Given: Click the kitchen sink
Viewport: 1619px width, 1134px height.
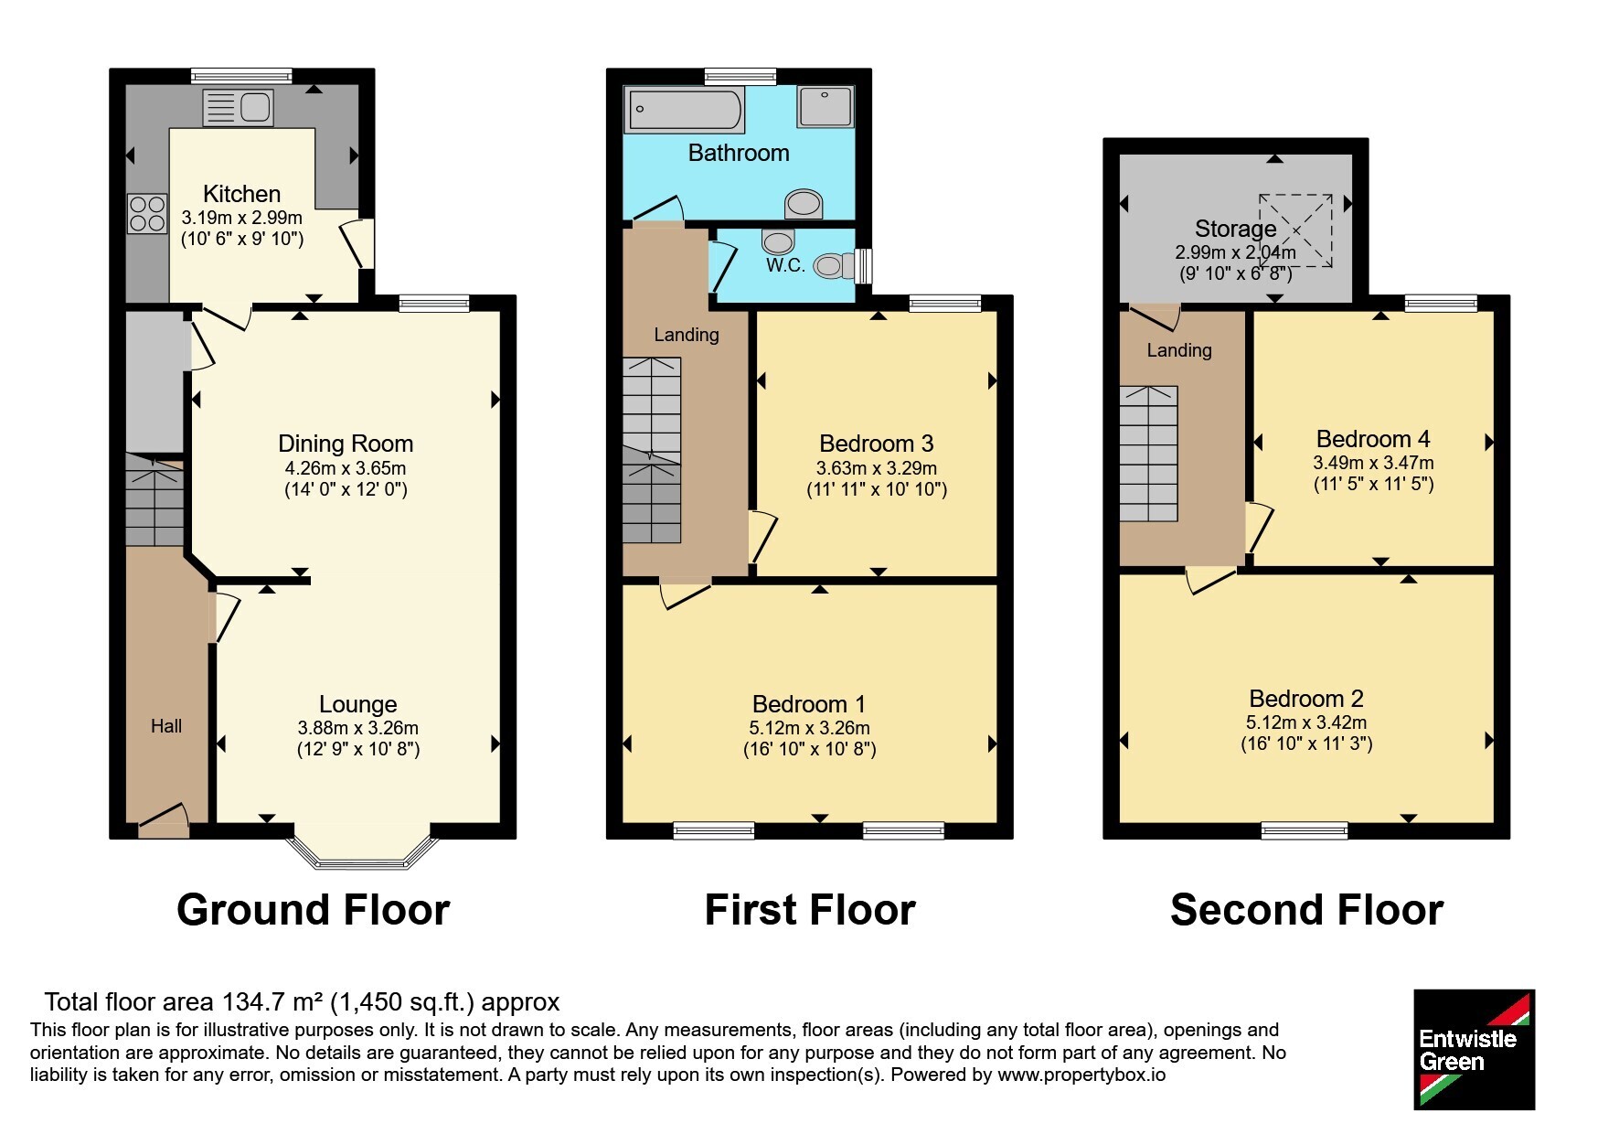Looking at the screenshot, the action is click(x=238, y=108).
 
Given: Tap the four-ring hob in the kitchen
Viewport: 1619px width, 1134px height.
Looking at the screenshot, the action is click(x=147, y=215).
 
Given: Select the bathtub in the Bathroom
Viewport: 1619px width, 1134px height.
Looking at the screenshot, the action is click(x=684, y=110).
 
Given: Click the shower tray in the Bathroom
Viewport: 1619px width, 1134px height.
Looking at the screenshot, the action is click(x=825, y=106).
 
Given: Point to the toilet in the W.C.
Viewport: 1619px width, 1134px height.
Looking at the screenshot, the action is click(x=834, y=265).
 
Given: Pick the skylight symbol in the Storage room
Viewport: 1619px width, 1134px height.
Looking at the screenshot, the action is click(x=1295, y=230).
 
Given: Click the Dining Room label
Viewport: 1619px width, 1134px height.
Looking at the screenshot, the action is click(x=346, y=444).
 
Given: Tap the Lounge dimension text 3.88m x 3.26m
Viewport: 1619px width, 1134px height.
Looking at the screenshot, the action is click(x=358, y=728).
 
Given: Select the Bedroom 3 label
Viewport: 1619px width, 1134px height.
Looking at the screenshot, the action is click(x=877, y=444).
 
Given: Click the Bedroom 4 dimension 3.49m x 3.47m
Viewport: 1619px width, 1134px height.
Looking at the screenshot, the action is click(x=1373, y=463).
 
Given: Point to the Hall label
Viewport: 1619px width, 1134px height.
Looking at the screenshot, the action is click(x=166, y=726).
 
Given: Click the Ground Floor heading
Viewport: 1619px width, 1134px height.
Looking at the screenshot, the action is click(x=314, y=910).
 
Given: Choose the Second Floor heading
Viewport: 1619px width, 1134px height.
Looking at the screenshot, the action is click(x=1307, y=910).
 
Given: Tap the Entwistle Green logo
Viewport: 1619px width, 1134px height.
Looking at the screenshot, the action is click(x=1474, y=1050).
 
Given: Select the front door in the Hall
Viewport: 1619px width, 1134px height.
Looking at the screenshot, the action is click(x=164, y=820).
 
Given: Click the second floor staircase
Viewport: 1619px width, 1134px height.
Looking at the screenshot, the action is click(x=1149, y=454).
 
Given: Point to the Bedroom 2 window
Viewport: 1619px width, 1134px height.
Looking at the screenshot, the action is click(x=1305, y=830).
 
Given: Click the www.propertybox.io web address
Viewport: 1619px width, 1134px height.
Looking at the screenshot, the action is click(x=1081, y=1075).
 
